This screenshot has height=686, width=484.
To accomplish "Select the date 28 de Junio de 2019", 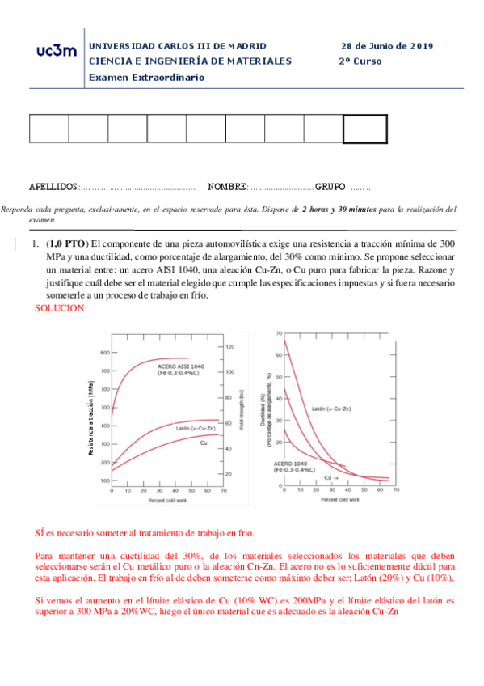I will pos(387,46).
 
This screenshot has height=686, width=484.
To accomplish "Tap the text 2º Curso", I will pos(360,61).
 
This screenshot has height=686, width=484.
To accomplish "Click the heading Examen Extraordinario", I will pos(146,77).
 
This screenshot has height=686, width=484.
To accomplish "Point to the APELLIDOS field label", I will pos(53,187).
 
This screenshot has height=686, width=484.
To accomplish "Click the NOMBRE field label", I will pos(227,187).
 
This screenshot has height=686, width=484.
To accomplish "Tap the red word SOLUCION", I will pos(61,308).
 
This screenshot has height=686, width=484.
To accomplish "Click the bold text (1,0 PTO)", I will pos(66,243).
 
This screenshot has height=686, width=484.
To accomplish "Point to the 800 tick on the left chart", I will pos(104,353).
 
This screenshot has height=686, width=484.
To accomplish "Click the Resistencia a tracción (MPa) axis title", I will pos(91,418).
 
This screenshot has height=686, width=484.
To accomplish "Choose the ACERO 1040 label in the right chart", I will pos(292,467).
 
